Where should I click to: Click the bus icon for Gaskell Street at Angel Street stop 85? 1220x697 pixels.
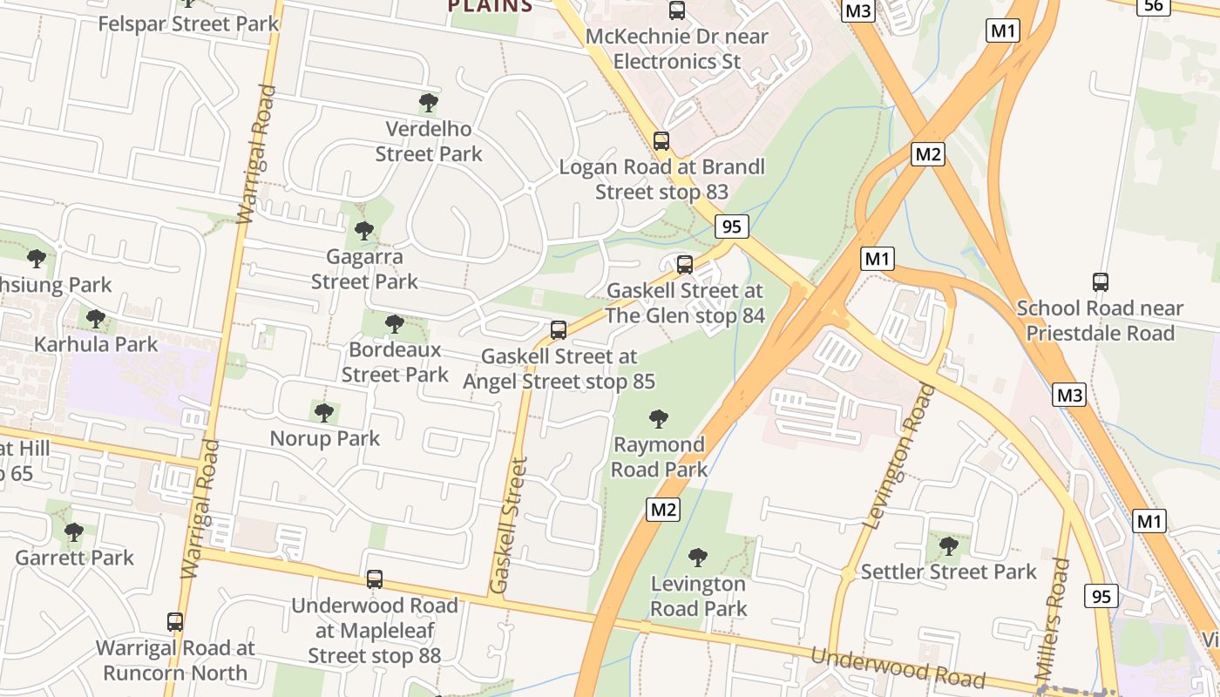pos(559,330)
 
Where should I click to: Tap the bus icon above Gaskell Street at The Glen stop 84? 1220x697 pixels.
pos(685,264)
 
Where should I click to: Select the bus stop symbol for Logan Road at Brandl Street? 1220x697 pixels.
pos(661,140)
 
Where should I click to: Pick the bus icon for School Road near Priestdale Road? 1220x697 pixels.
pos(1101,282)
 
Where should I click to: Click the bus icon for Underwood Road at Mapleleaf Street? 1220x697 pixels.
pos(375,579)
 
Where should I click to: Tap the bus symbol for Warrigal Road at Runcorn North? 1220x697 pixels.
pos(175,622)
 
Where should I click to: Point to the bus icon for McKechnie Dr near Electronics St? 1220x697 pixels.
pos(677,10)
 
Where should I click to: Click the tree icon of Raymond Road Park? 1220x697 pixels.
pos(659,419)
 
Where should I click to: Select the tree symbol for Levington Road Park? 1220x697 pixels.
pos(698,558)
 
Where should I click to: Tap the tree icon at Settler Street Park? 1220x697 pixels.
pos(949,546)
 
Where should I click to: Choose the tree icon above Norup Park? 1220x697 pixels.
pos(324,412)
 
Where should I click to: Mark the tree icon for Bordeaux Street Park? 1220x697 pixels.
pos(395,324)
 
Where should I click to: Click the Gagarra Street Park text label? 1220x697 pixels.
pos(364,269)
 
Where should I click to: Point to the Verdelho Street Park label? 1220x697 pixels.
pos(429,141)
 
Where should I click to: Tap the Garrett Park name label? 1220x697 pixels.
pos(74,558)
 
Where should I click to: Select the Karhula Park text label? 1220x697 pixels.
pos(96,344)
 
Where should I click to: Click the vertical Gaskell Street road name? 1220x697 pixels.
pos(509,526)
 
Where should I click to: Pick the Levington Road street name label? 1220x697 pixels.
pos(900,457)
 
